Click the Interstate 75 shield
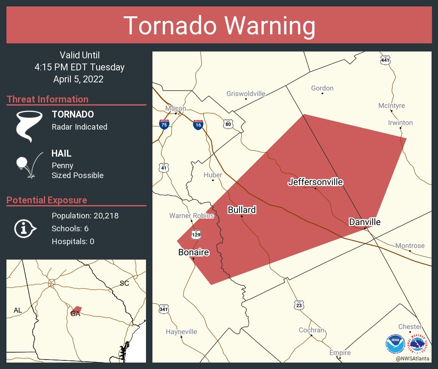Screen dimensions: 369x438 (x=164, y=124)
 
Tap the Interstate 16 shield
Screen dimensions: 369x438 (x=198, y=125)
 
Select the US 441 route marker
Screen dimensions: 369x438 (x=385, y=60)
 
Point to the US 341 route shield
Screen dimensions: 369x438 (x=164, y=309)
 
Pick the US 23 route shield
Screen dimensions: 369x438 (x=299, y=305)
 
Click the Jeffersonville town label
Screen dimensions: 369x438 (x=315, y=182)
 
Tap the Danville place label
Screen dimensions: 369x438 (x=365, y=222)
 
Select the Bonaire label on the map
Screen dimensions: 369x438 (x=194, y=252)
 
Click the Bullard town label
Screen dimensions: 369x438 (x=242, y=210)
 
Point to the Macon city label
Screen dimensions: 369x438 (x=176, y=109)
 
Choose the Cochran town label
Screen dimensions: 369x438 (x=311, y=330)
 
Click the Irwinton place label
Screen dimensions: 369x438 (x=400, y=123)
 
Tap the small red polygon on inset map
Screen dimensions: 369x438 (x=76, y=309)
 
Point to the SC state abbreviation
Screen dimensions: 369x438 (x=124, y=283)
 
